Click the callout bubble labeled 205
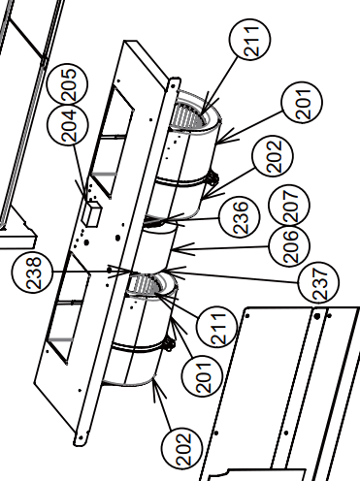point(67,84)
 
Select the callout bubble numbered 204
point(67,126)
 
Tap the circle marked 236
point(240,217)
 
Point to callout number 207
point(289,205)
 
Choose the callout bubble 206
point(289,246)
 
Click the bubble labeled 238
point(32,273)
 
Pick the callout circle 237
point(318,282)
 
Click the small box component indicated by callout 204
point(92,213)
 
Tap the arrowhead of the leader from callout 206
point(174,250)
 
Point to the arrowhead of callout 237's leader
point(165,271)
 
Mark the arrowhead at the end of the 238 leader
point(132,272)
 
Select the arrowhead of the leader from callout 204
point(86,198)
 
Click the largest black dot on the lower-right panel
point(317,316)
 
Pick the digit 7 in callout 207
point(290,196)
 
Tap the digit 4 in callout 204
point(69,116)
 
